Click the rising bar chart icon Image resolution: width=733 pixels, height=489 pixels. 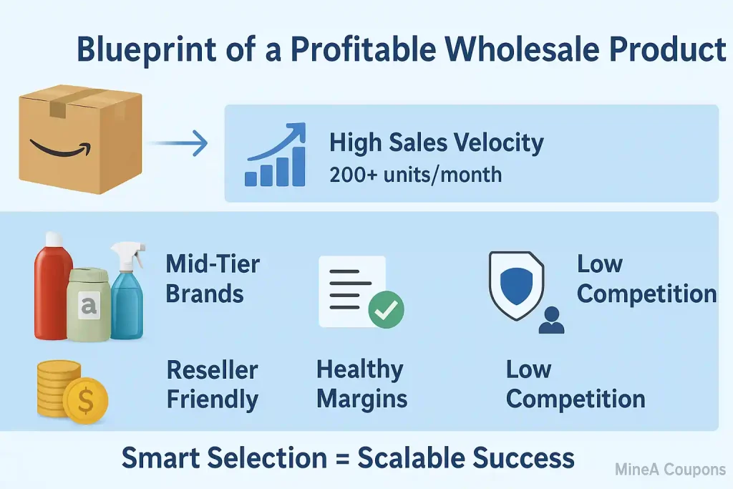(x=275, y=158)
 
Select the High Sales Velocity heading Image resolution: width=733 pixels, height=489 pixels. (x=436, y=142)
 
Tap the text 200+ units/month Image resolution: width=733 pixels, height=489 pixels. (x=415, y=175)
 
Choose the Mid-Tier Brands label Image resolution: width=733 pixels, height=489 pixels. (x=213, y=279)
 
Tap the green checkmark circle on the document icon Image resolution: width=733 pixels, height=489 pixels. (x=386, y=309)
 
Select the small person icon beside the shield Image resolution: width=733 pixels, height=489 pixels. (x=551, y=320)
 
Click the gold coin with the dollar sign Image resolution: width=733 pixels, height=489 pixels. (x=85, y=402)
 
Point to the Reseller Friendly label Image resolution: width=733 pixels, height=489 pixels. (x=213, y=384)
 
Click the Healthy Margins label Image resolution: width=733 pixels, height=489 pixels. (x=361, y=384)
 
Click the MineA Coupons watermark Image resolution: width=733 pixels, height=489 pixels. (x=670, y=470)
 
